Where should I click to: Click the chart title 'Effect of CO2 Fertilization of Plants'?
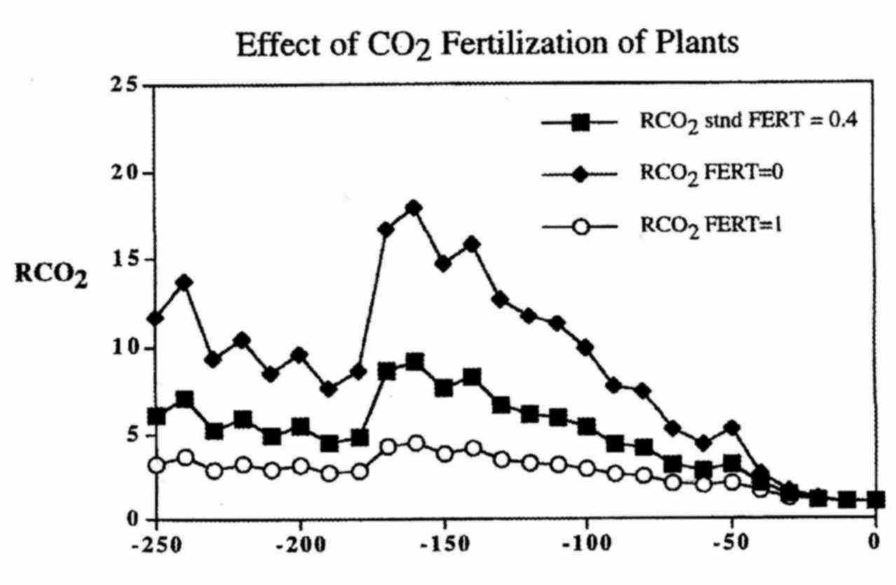coord(487,46)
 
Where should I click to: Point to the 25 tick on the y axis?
coord(126,86)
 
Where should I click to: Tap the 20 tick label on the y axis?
coord(126,173)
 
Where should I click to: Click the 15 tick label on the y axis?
coord(126,260)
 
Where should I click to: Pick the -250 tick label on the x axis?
coord(155,544)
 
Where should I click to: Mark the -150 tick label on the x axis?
coord(443,544)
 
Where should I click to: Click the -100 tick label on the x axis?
coord(586,544)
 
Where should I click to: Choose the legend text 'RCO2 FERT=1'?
coord(710,224)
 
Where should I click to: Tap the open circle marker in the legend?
coord(579,226)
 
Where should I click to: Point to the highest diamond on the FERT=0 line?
coord(414,208)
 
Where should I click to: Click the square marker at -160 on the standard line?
coord(414,363)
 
